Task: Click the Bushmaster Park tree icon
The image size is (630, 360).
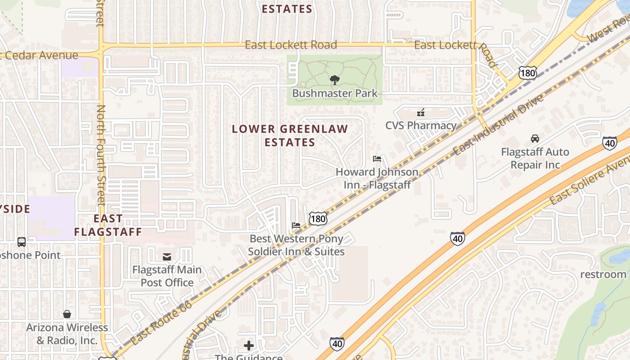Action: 334,81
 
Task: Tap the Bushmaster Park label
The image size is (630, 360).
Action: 335,94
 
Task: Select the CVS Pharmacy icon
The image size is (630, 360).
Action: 421,112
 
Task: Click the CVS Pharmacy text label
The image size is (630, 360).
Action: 421,126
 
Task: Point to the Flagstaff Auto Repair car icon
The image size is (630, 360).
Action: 535,138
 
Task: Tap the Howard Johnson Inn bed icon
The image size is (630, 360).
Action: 377,159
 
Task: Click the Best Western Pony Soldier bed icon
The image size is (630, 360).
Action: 296,225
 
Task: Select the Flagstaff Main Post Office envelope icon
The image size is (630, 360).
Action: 167,257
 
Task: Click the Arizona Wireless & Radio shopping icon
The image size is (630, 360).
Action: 67,314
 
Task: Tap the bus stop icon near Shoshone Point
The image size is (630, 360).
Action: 22,242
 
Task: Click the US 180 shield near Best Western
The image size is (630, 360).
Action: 318,219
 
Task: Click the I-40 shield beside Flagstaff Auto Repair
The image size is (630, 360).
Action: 610,143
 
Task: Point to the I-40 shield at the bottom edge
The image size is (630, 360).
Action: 337,344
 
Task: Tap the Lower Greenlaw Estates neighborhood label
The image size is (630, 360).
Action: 290,135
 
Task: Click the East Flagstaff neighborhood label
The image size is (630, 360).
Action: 108,225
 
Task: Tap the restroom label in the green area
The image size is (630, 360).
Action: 603,274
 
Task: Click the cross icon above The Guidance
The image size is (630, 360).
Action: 248,346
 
